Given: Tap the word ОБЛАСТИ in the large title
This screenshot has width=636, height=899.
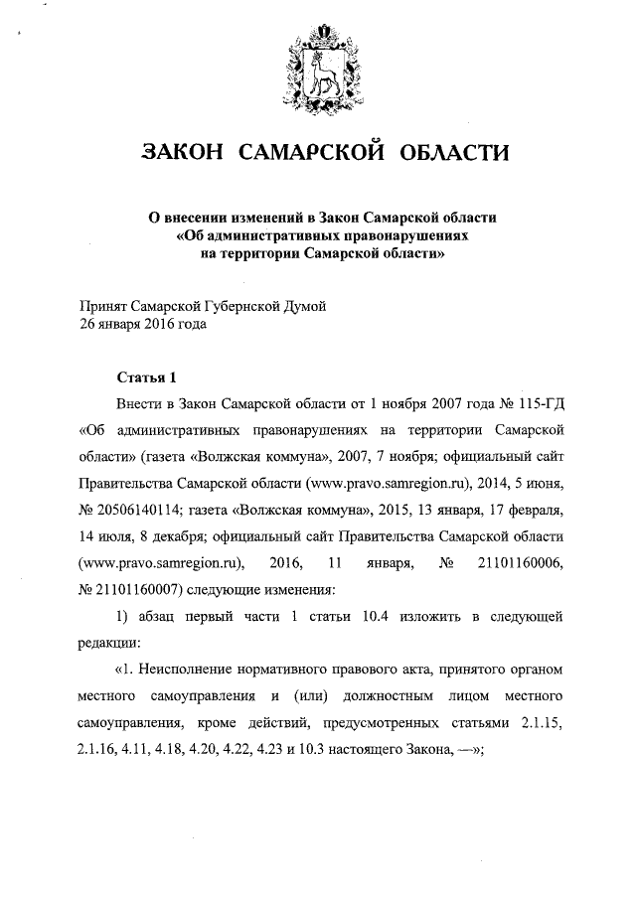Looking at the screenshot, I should (453, 152).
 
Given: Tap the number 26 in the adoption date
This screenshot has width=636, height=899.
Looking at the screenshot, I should (87, 324).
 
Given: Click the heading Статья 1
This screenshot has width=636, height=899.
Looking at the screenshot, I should (146, 378).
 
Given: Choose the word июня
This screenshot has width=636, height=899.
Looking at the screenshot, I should (540, 485).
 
